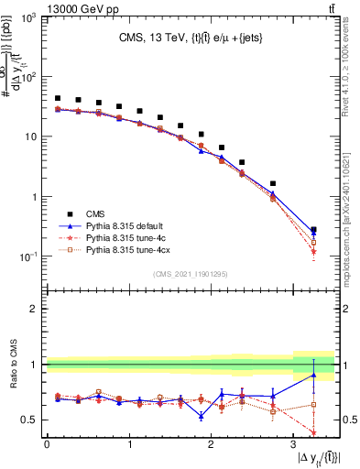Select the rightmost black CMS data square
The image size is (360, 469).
pos(313,230)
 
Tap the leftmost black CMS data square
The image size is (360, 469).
pos(58,98)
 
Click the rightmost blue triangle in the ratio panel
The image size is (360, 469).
pos(313,375)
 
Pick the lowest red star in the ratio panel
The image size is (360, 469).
pos(313,432)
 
